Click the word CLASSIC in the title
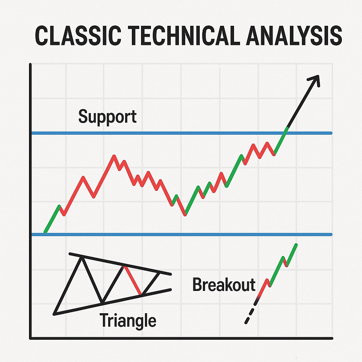tap(78, 35)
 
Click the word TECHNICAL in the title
tap(184, 35)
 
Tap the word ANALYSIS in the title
tap(294, 35)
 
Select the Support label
tap(107, 117)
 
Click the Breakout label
tap(224, 285)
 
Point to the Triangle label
tap(128, 321)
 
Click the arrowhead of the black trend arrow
tap(316, 79)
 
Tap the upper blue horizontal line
tap(182, 133)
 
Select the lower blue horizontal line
tap(182, 235)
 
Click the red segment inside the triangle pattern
tap(133, 280)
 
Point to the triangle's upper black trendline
tap(120, 264)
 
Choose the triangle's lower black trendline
tap(112, 302)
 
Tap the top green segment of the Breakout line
tap(292, 255)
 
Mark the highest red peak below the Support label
tap(114, 156)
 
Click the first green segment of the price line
tap(52, 218)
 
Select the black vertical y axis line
tap(30, 201)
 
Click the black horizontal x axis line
tap(181, 338)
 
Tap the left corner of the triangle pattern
tap(54, 314)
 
